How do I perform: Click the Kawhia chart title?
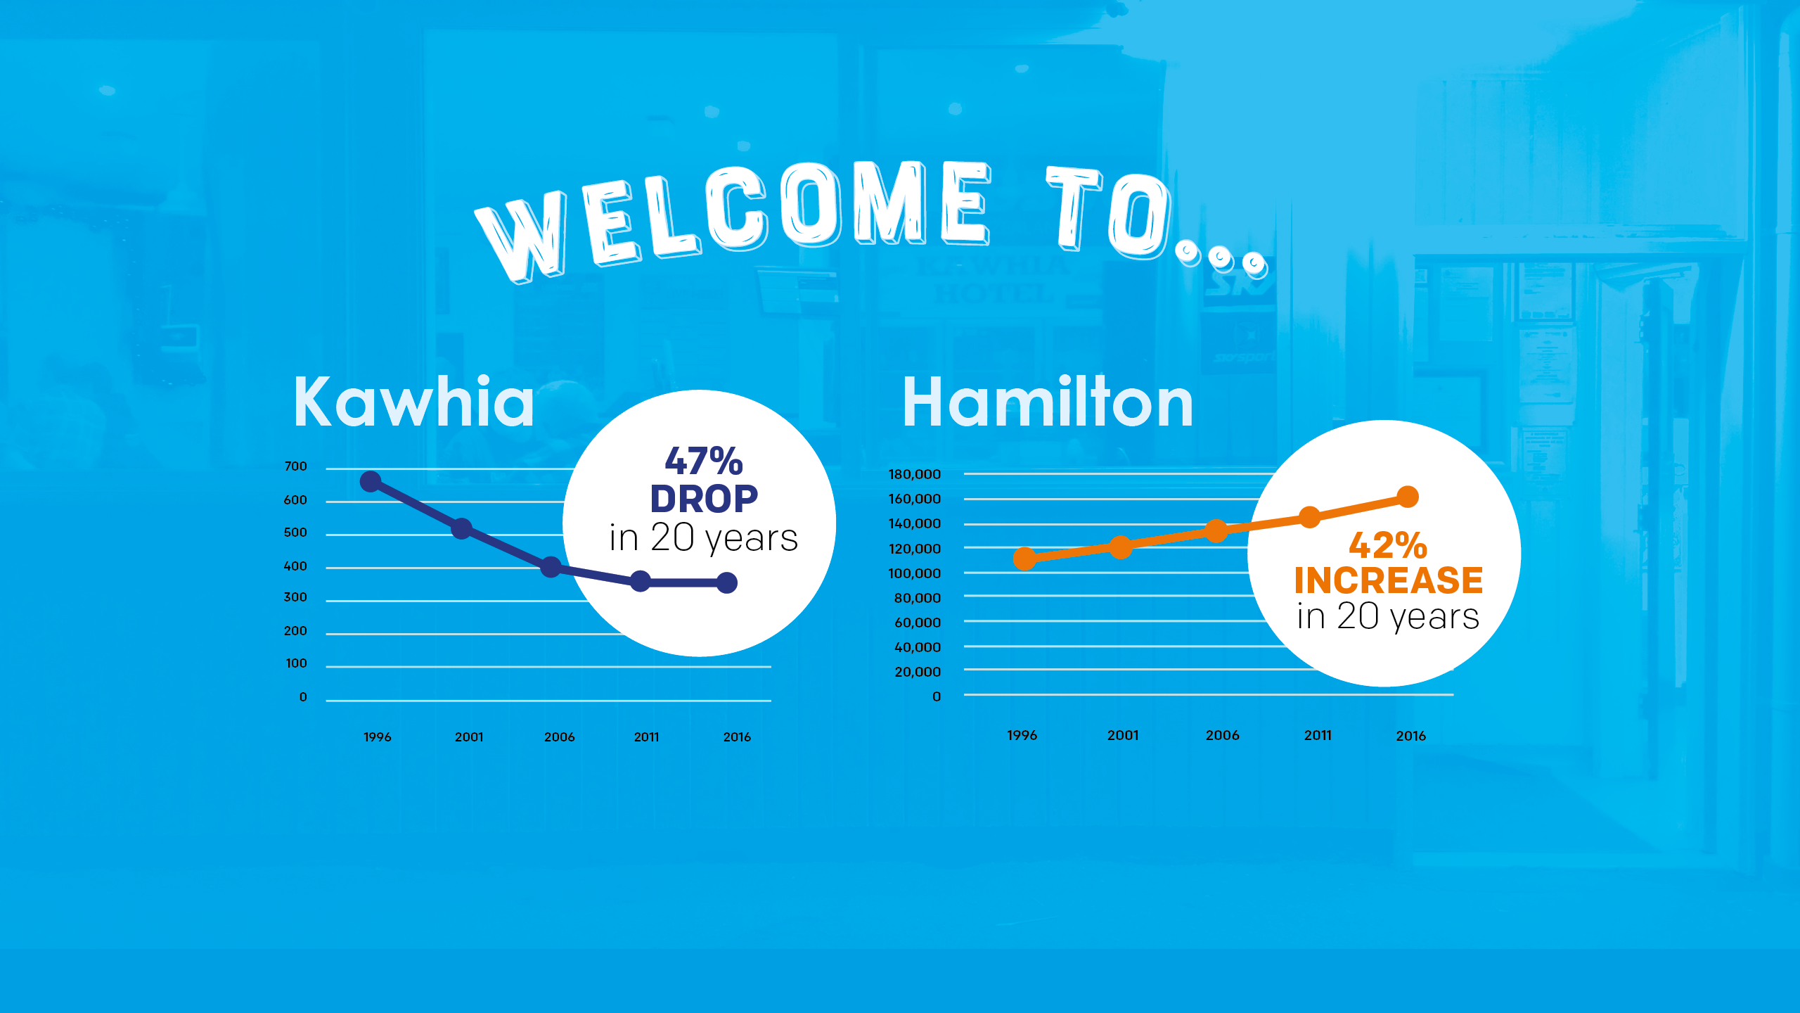414,402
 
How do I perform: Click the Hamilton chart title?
1048,402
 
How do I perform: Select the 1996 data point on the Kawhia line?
371,482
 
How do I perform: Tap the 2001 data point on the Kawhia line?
461,528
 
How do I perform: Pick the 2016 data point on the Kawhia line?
727,582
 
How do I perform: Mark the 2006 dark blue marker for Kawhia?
551,567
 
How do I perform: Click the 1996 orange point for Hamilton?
1025,559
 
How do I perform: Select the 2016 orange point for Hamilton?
1408,497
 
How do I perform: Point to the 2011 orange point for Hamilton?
1310,518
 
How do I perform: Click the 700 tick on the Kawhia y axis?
296,466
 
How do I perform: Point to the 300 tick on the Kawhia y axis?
295,597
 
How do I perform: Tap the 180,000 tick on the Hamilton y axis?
914,475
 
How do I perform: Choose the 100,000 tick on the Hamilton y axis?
914,574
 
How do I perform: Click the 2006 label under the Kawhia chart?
560,737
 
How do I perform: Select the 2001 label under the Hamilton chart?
1123,735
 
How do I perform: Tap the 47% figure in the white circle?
704,461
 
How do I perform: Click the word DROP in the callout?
704,499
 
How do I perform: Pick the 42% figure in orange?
1388,545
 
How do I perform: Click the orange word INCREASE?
1389,580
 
